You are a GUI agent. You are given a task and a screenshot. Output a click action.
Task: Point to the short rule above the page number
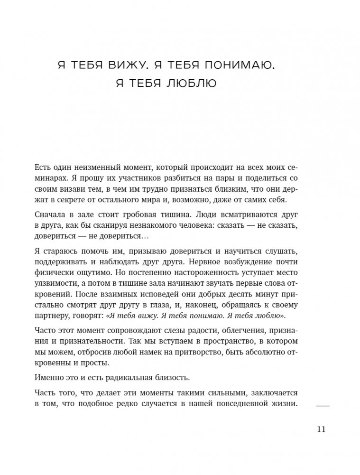pyautogui.click(x=322, y=406)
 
